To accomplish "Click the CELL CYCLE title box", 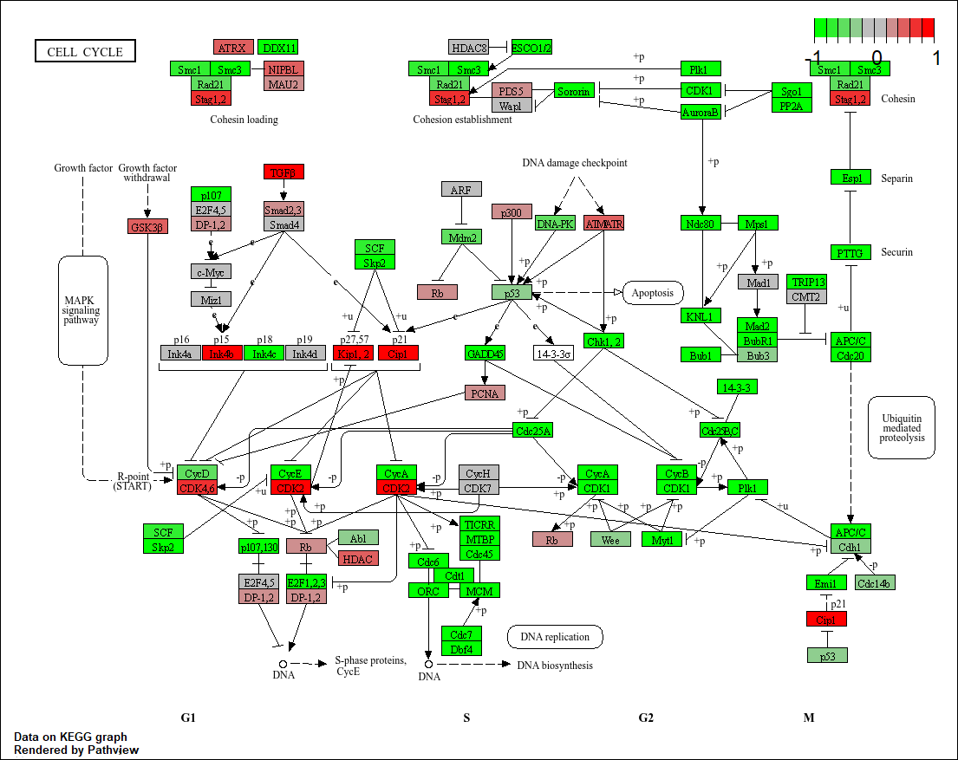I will click(x=85, y=51).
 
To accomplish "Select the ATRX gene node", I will click(x=233, y=47).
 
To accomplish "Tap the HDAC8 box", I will click(x=469, y=47).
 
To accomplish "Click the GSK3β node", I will click(x=147, y=226).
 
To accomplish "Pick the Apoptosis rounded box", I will click(x=652, y=293).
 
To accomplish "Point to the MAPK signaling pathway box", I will click(x=82, y=309).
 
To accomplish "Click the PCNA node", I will click(x=485, y=393).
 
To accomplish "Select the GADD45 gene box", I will click(x=485, y=353).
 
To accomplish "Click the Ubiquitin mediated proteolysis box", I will click(x=902, y=427).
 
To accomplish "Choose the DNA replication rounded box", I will click(x=555, y=637).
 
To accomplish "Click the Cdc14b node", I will click(x=875, y=582).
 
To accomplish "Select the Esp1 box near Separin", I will click(x=851, y=178).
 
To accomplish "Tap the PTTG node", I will click(x=851, y=252).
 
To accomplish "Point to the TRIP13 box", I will click(x=807, y=283).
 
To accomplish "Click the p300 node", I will click(x=512, y=211).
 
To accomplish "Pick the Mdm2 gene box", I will click(x=461, y=237).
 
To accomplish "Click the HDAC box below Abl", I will click(x=358, y=559).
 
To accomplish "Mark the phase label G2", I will click(x=646, y=718).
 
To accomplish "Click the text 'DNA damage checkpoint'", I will click(x=574, y=163).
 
